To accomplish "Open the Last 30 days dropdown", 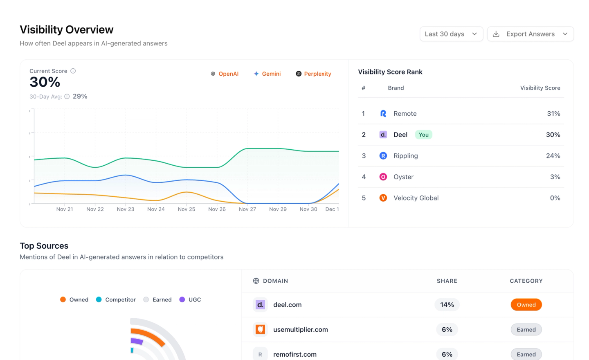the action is tap(451, 34).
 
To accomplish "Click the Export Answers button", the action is tap(531, 34).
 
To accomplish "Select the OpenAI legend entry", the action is tap(225, 74).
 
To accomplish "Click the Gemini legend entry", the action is tap(267, 74).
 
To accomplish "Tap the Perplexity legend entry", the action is tap(313, 74).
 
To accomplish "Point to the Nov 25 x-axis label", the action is tap(187, 209).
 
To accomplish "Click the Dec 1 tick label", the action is tap(332, 209).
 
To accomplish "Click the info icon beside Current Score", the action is tap(73, 71).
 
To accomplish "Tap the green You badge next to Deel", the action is tap(424, 135).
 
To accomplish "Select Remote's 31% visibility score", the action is tap(553, 114).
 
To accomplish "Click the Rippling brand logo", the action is tap(383, 156).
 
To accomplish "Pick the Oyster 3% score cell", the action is tap(555, 177).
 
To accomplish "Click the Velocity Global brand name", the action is tap(416, 198).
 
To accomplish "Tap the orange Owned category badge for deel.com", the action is tap(526, 304).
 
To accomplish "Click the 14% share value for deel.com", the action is tap(447, 304).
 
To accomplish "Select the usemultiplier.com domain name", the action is tap(301, 329).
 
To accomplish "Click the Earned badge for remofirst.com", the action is tap(526, 354).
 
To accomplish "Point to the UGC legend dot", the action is tap(182, 299).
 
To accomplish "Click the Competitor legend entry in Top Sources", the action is tap(116, 299).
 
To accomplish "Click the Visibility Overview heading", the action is tap(67, 29).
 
